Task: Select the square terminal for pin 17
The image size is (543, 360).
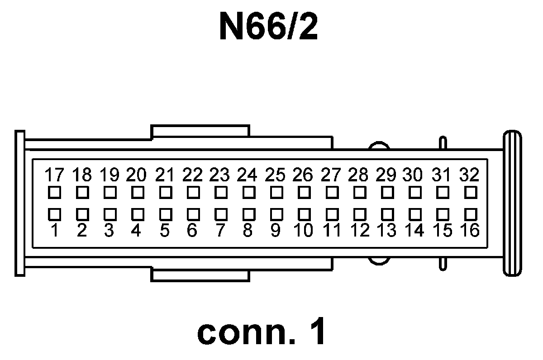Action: coord(54,193)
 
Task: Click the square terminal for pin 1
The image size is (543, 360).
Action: coord(54,213)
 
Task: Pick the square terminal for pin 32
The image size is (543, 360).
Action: coord(471,193)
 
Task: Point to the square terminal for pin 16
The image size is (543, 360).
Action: coord(471,213)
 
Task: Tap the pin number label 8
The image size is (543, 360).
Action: coord(248,231)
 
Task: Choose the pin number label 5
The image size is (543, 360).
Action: coord(165,231)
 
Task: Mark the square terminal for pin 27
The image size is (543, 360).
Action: coord(332,193)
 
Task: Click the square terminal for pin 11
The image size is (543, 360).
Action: coord(332,213)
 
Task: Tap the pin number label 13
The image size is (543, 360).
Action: coord(387,231)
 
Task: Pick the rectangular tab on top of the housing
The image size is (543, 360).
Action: coord(200,132)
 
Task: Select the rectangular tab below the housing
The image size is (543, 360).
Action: coord(200,275)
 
